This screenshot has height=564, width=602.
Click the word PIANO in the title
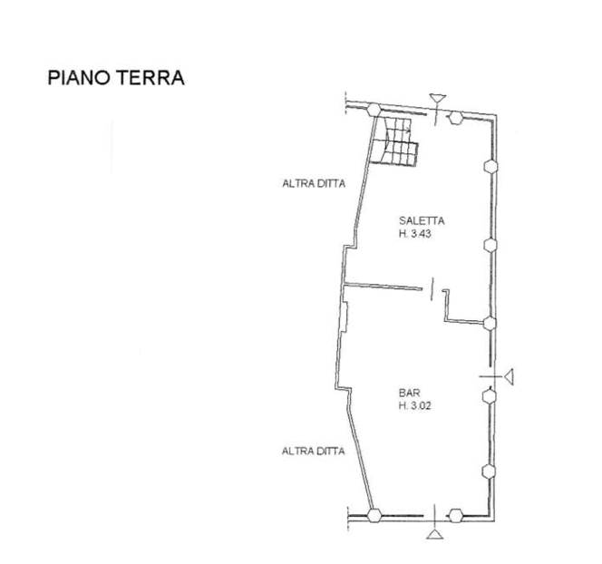pos(79,78)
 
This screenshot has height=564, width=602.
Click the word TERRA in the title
pos(150,78)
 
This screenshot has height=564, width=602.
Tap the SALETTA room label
pos(422,220)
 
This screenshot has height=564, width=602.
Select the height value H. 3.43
pos(415,233)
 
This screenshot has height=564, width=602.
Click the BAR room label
pos(409,393)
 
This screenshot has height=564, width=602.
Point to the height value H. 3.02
pos(415,405)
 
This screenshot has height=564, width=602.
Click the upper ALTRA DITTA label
pos(314,183)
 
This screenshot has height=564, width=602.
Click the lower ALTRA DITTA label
pos(314,452)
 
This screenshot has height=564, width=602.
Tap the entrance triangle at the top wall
pos(438,98)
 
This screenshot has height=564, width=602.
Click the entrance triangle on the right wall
pos(510,376)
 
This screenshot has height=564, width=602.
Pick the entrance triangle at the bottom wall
pos(434,534)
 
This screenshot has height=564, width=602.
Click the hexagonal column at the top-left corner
pos(374,110)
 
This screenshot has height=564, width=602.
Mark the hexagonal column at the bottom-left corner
pos(374,515)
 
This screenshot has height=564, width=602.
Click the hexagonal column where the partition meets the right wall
pos(490,324)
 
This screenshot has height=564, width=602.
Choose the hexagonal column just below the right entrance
pos(490,396)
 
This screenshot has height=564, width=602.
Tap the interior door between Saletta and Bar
pos(432,288)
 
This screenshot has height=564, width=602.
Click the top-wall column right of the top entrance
pos(455,118)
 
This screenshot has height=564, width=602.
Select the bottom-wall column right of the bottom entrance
pos(455,516)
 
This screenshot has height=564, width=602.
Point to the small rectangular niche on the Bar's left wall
pos(345,317)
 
